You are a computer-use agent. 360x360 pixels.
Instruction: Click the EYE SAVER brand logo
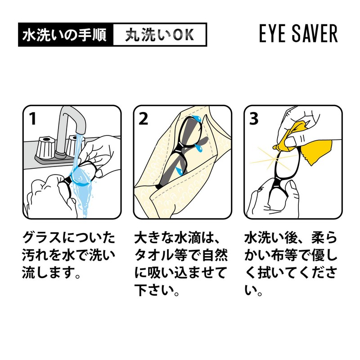point(298,34)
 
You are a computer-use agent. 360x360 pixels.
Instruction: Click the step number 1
point(32,119)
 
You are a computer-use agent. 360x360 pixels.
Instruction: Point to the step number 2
point(144,119)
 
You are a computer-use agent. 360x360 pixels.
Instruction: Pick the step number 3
point(254,119)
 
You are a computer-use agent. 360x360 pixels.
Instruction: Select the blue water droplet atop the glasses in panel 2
point(197,119)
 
